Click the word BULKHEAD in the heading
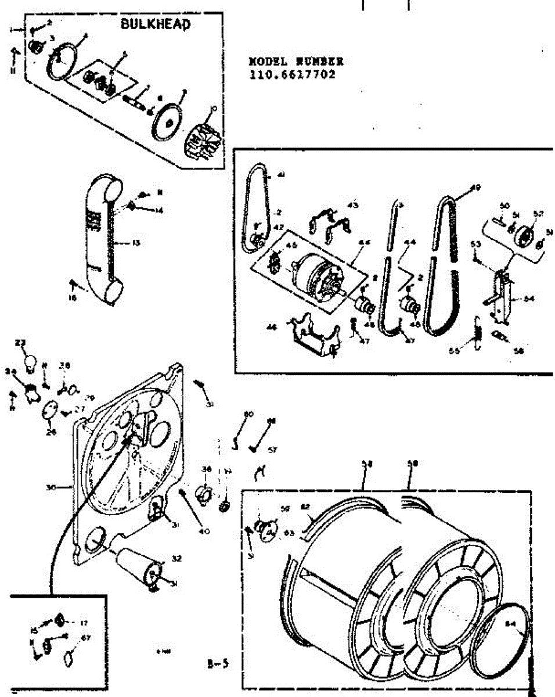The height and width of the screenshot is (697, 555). [155, 24]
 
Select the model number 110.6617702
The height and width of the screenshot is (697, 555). [292, 74]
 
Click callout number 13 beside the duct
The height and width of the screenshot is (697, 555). [135, 243]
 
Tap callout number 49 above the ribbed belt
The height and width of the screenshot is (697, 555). [476, 188]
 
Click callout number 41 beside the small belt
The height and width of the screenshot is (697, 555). [281, 174]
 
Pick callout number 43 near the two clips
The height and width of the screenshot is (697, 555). [353, 204]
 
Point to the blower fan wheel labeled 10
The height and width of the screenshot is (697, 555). [203, 139]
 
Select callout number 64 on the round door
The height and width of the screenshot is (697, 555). [511, 624]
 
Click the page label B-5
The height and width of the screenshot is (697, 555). [215, 663]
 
